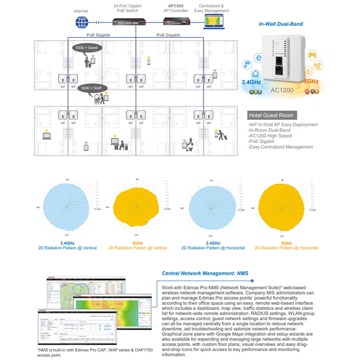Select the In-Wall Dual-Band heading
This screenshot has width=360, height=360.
[x=281, y=24]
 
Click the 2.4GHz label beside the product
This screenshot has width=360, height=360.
[x=252, y=82]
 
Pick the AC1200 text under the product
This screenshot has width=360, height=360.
[x=282, y=90]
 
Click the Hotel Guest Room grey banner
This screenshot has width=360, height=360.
[x=271, y=115]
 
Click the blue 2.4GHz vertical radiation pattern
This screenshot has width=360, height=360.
[x=67, y=207]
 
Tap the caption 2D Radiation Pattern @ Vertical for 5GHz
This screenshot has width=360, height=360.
[x=138, y=248]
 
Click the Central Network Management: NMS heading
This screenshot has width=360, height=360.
[x=205, y=273]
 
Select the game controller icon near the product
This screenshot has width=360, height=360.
[x=311, y=55]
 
